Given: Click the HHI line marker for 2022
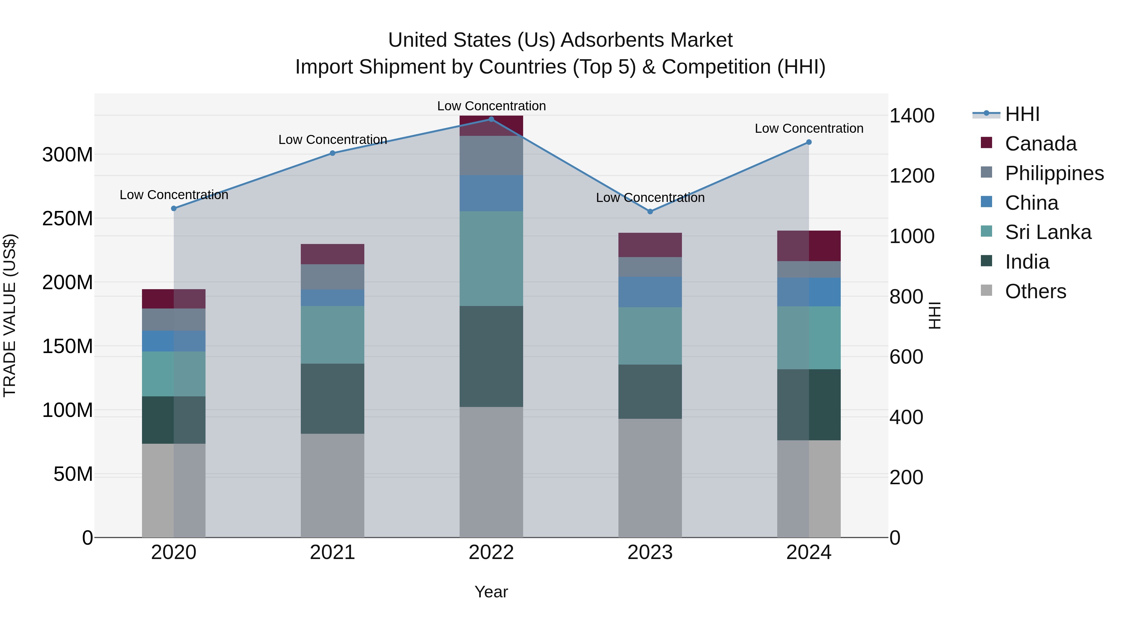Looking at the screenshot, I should point(491,119).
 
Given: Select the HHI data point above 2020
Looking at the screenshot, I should point(174,208).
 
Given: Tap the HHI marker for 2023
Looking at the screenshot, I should point(650,212).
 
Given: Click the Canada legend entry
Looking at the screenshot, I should point(1040,144).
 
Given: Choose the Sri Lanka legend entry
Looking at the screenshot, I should point(1048,232).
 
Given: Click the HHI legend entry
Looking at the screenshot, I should point(1022,114).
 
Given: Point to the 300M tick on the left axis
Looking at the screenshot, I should point(68,155).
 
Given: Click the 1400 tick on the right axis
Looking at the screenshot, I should point(912,116).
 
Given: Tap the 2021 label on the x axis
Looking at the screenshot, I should point(333,552).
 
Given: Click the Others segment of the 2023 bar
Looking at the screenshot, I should point(650,478).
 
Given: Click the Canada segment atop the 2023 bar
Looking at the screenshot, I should point(650,245).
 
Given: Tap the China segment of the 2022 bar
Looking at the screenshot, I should point(491,193).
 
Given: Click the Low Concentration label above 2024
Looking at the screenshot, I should point(809,128).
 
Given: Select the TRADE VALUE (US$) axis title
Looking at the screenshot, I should point(10,315).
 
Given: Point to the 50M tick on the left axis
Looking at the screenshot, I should point(73,474).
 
